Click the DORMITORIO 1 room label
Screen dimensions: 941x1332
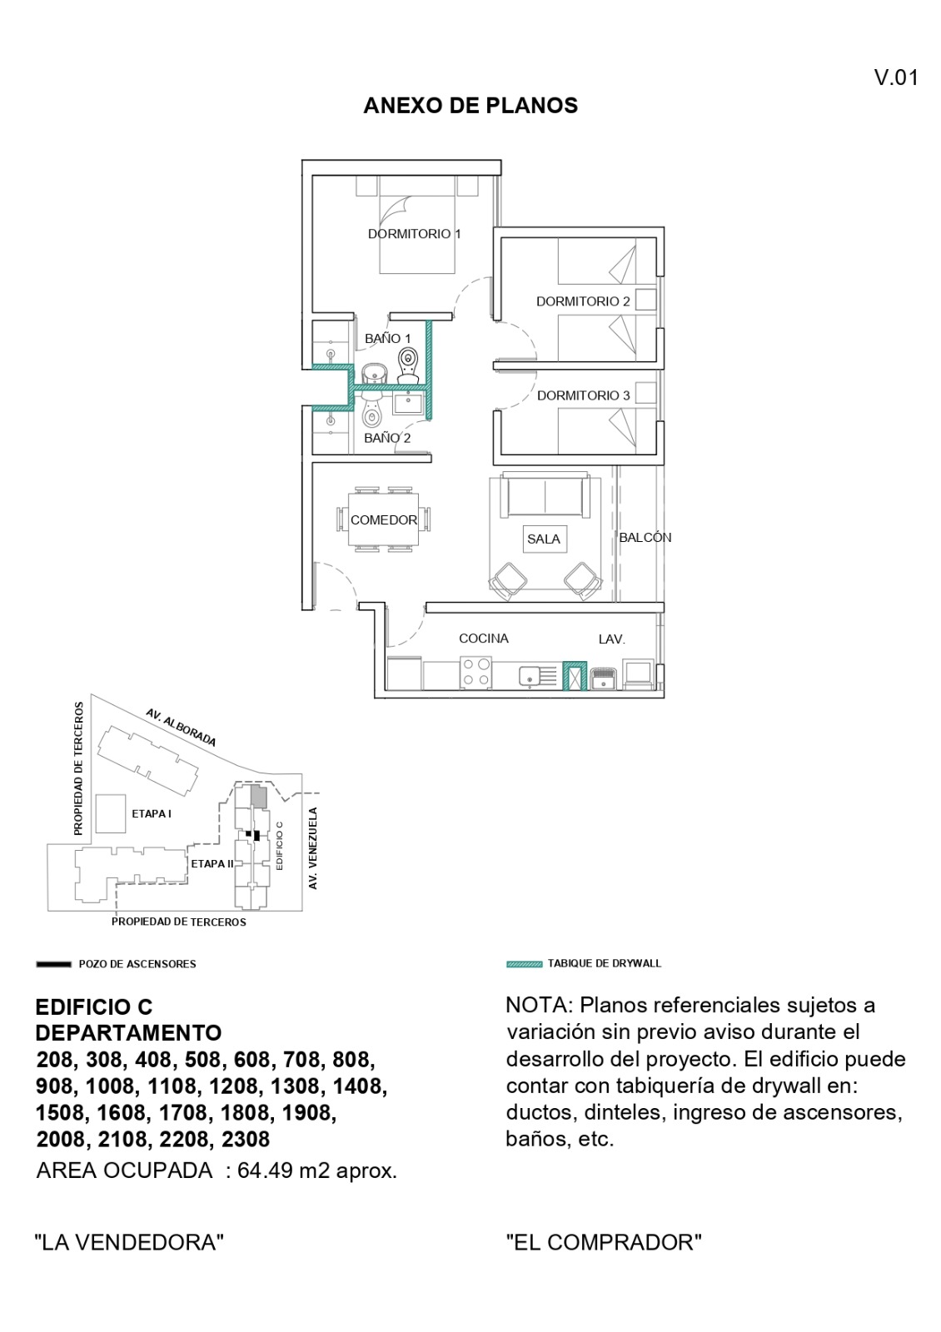(x=414, y=234)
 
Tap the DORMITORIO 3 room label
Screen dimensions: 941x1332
(x=583, y=395)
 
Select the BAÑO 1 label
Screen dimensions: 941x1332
(x=387, y=338)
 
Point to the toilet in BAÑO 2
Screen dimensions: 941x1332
(x=371, y=414)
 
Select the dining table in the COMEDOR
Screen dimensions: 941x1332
(x=384, y=519)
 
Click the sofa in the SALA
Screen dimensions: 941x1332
(x=545, y=495)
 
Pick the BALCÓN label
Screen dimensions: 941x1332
(x=645, y=538)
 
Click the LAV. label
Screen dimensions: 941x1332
(x=611, y=639)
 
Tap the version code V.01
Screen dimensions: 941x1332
(x=896, y=78)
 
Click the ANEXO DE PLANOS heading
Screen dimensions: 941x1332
(x=471, y=106)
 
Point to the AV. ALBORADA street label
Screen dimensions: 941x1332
(x=181, y=728)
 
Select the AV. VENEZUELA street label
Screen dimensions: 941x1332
(x=313, y=848)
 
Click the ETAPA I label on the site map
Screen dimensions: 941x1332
(x=152, y=813)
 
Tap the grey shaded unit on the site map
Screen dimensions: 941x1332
(x=258, y=796)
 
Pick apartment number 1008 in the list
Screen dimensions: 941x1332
(x=111, y=1086)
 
